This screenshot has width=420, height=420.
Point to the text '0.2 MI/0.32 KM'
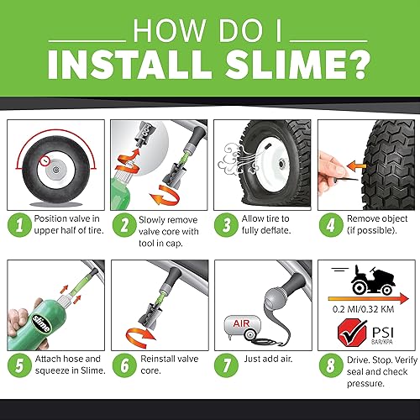365,306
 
